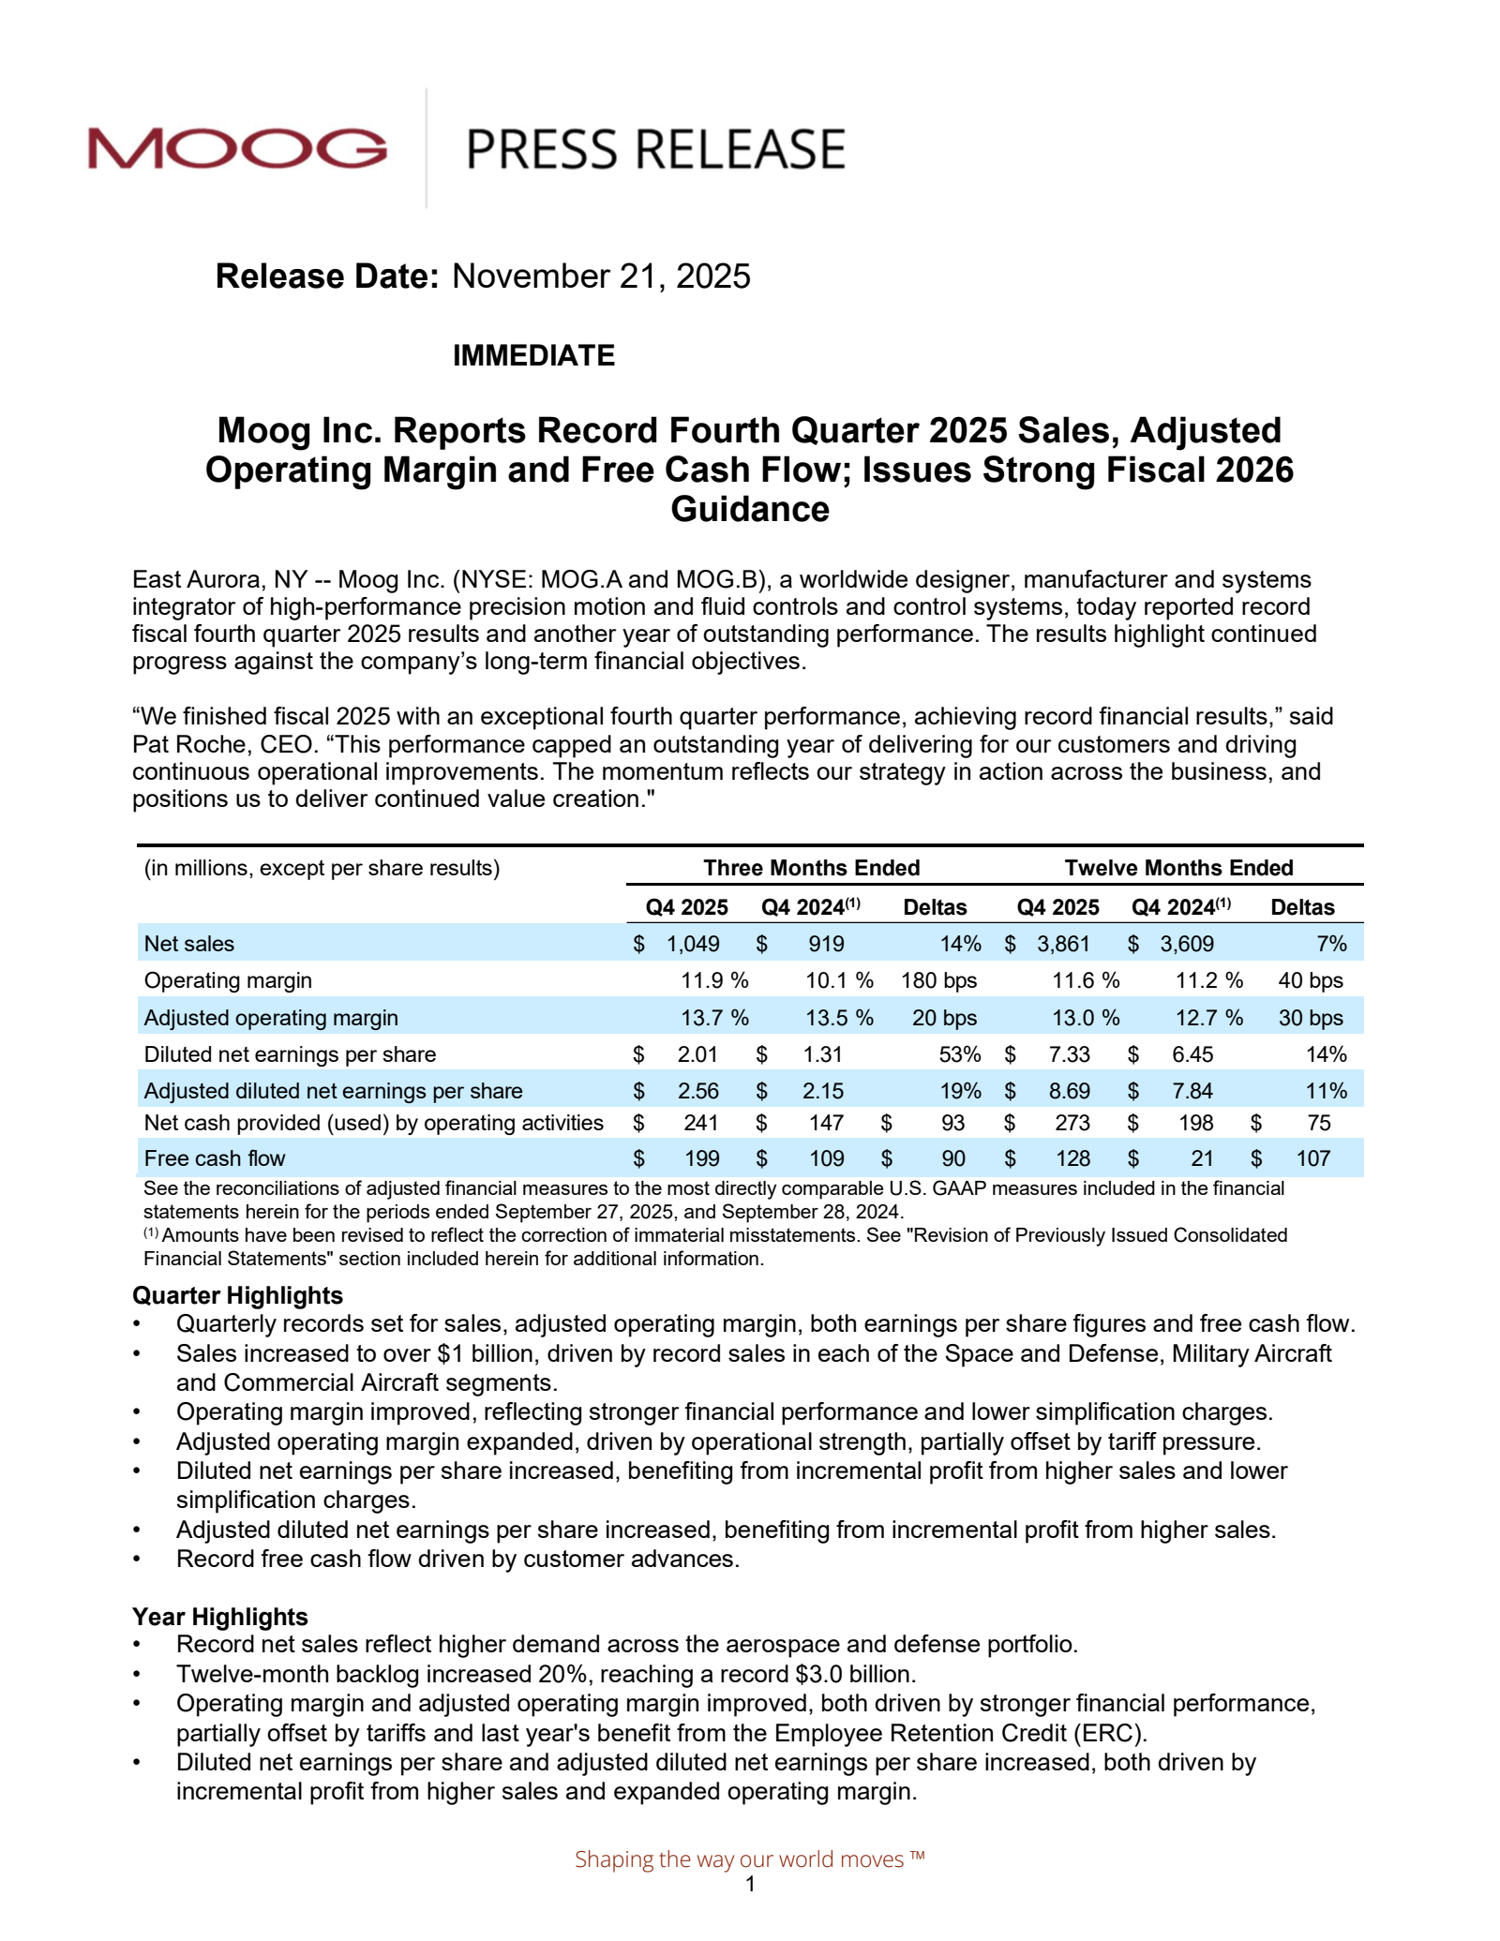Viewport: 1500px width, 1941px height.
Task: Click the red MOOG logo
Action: pos(237,149)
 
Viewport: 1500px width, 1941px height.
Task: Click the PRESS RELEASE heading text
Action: pos(655,150)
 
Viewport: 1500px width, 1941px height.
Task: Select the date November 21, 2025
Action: pos(601,276)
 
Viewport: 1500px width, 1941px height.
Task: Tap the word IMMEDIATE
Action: pos(533,356)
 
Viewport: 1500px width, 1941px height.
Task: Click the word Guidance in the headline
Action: pos(749,510)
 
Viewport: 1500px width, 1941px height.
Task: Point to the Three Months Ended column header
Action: pos(811,868)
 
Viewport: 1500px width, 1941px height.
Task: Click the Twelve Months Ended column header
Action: pos(1178,868)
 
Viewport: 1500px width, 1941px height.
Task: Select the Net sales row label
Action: pos(189,944)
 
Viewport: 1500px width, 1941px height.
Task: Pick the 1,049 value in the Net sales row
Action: pos(693,944)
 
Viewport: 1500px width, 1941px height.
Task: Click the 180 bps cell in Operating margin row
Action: pos(938,980)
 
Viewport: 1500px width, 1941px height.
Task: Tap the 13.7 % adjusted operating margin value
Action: pos(714,1018)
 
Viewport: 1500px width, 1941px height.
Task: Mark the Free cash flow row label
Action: pos(215,1158)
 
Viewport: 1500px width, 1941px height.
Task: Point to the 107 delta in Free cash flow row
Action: pos(1312,1158)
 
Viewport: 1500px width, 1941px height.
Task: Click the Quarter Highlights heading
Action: pos(237,1295)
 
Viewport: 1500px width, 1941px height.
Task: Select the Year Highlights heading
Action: pos(219,1617)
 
